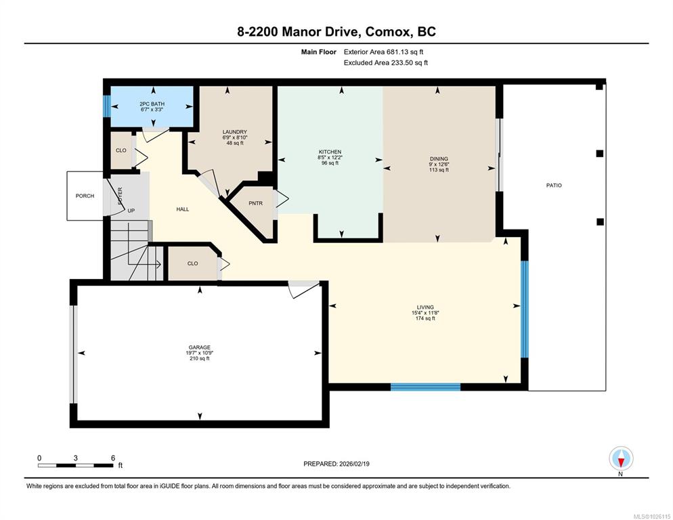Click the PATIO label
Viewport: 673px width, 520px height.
[x=554, y=186]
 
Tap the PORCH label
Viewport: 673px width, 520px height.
[x=85, y=196]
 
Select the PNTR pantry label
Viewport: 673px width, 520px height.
[x=255, y=203]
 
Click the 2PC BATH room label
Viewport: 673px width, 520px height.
[x=152, y=104]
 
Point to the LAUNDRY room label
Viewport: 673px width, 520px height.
[x=234, y=132]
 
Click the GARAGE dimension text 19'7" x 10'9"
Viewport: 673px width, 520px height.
[x=200, y=353]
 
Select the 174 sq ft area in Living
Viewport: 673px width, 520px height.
[x=425, y=318]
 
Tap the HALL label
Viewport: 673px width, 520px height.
[x=182, y=209]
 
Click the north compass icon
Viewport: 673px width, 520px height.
[x=621, y=458]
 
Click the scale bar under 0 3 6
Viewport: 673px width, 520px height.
[x=76, y=465]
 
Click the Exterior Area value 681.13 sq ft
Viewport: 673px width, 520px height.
[x=405, y=52]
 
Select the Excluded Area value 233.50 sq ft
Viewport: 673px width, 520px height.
[x=409, y=63]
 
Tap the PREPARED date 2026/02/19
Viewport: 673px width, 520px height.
[x=354, y=464]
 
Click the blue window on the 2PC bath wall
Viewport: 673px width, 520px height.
[x=107, y=106]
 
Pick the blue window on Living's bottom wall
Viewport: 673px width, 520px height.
[x=425, y=387]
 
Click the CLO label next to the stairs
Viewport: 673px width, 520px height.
[x=192, y=263]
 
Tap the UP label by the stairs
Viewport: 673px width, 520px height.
[x=131, y=211]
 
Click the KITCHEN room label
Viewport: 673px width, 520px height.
[x=330, y=152]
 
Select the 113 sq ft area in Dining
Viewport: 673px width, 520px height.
[x=439, y=170]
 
